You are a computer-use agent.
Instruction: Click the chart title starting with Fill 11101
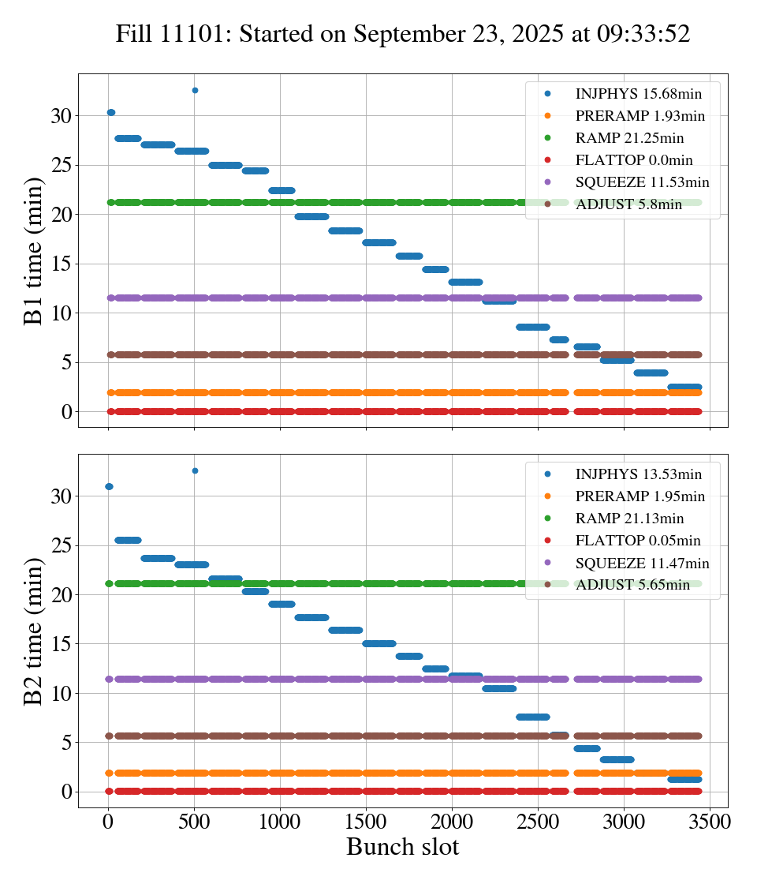(x=403, y=34)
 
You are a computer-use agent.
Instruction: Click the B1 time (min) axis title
(x=33, y=251)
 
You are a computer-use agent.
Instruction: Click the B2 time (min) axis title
(x=33, y=631)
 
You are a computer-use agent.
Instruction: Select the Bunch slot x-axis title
(x=402, y=848)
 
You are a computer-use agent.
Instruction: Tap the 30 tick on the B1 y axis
(x=62, y=116)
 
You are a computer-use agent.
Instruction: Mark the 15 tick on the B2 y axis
(x=62, y=644)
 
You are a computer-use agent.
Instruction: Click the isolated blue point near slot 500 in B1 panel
(x=195, y=91)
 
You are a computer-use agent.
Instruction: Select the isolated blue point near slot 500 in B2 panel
(x=195, y=470)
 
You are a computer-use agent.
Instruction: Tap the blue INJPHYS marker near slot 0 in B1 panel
(x=111, y=113)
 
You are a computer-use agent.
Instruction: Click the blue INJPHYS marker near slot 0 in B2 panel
(x=109, y=486)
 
